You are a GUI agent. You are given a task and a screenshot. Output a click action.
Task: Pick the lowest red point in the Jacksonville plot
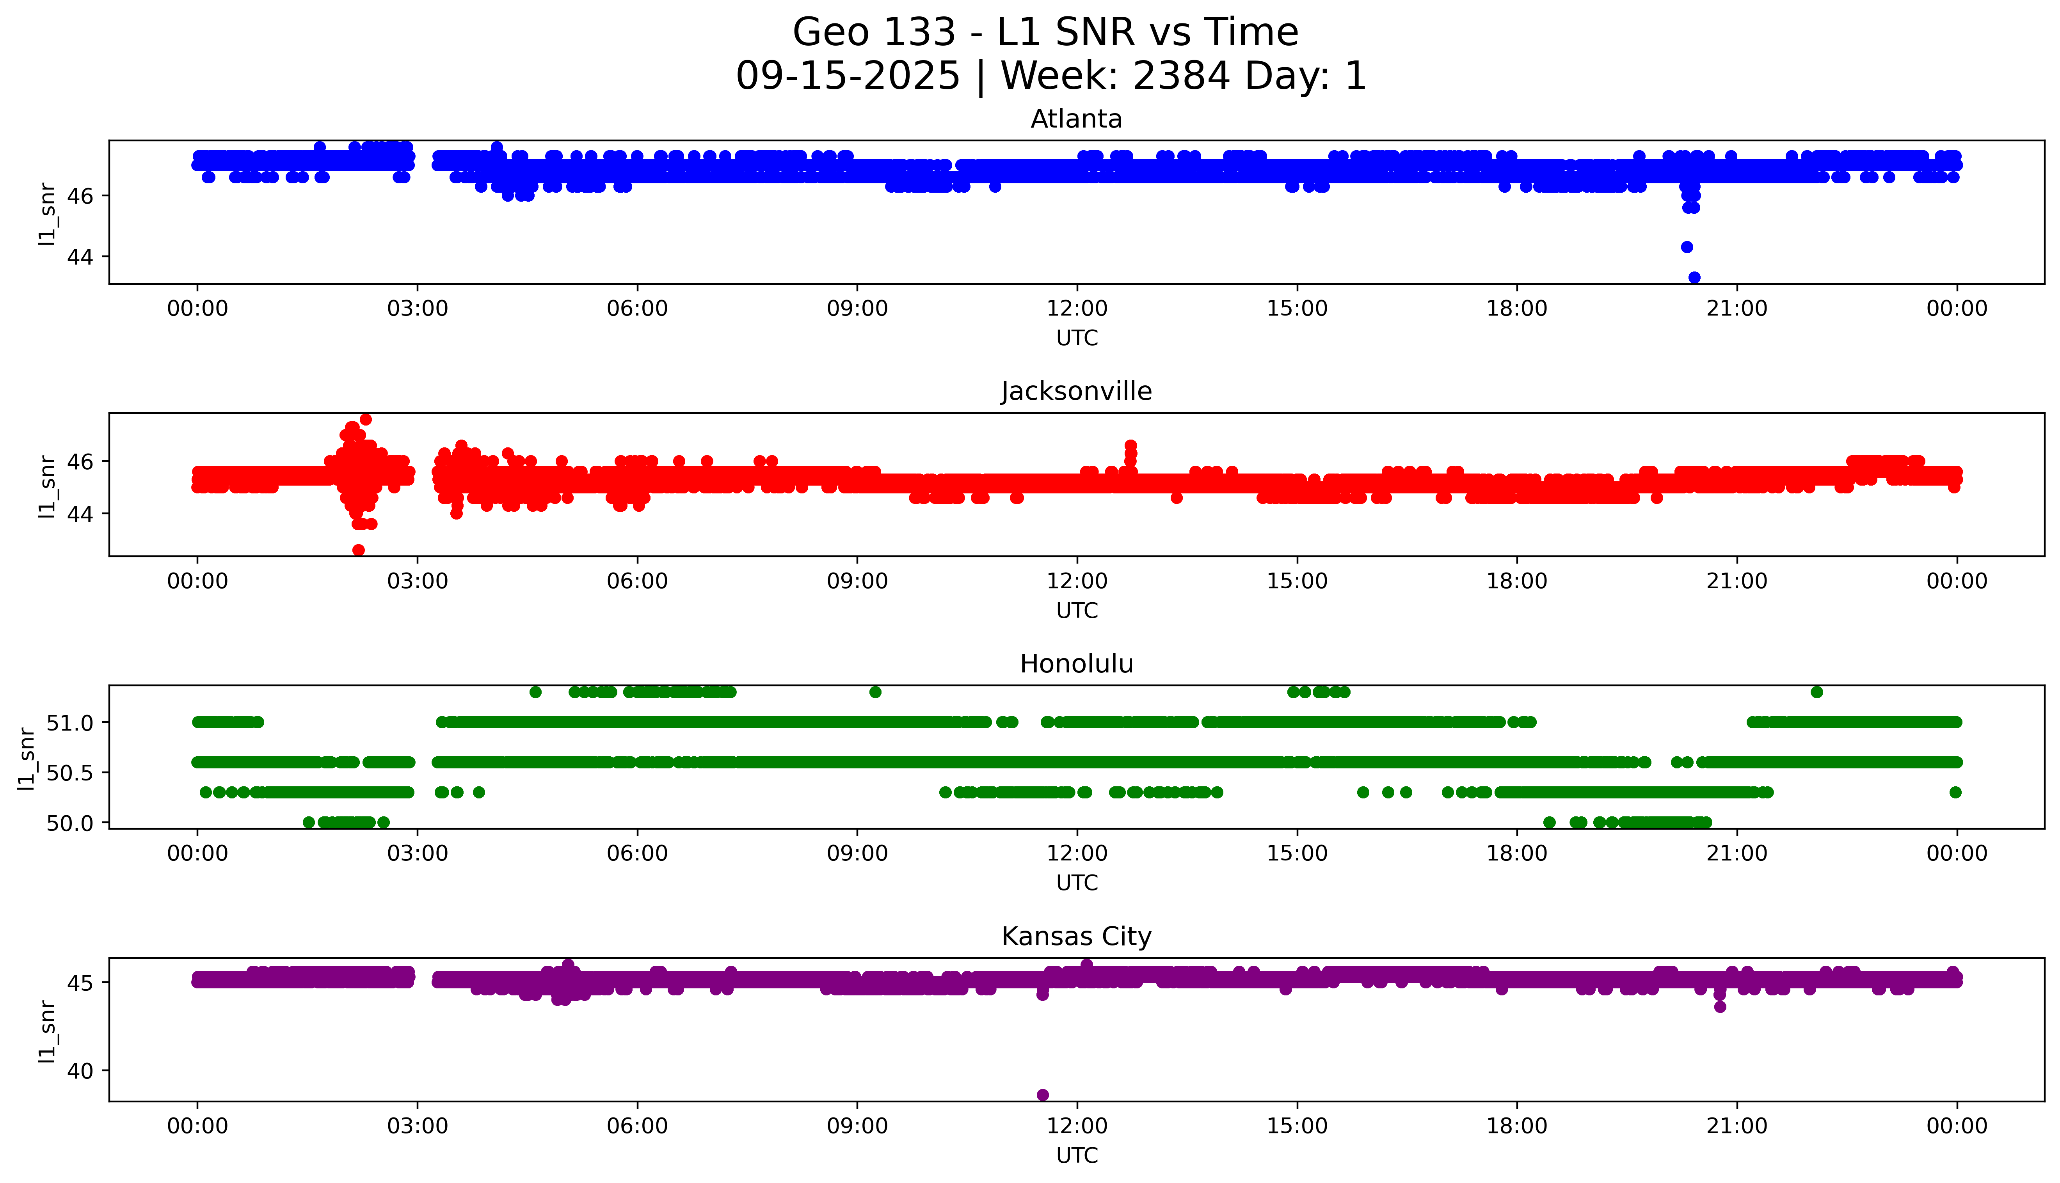[x=358, y=550]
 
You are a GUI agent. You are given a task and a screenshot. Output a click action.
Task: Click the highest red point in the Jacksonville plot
[x=366, y=419]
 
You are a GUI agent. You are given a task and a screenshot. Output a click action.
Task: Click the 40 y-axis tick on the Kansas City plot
[x=81, y=1071]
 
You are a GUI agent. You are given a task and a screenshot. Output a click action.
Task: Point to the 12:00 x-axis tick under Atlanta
[x=1077, y=309]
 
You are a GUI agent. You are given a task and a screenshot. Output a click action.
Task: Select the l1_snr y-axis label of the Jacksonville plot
[x=47, y=486]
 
